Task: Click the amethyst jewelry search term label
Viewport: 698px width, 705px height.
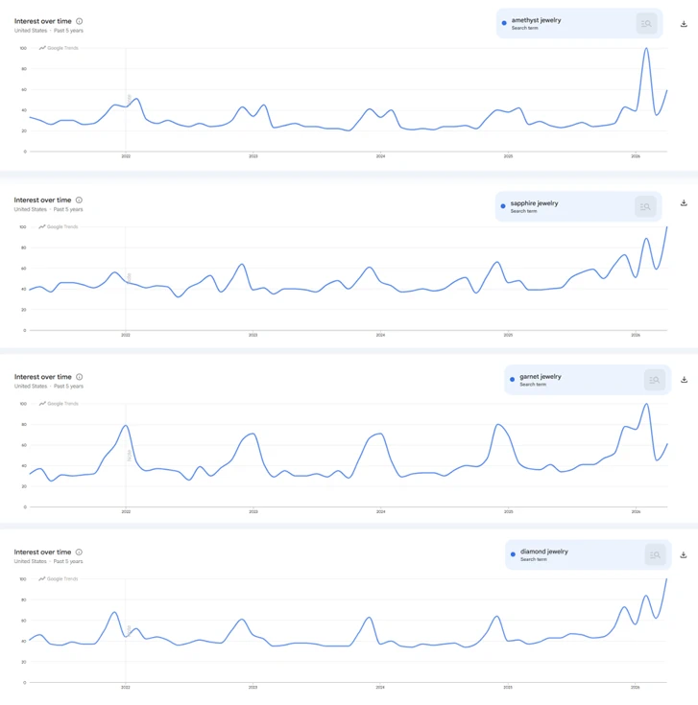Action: click(536, 20)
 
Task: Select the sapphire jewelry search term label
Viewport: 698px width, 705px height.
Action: click(535, 203)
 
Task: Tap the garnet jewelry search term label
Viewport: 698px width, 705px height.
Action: click(541, 377)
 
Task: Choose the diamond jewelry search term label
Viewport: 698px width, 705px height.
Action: click(544, 552)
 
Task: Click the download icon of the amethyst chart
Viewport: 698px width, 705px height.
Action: click(684, 24)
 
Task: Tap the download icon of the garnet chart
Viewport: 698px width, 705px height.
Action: click(684, 380)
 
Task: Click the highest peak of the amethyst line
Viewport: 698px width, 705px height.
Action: click(646, 49)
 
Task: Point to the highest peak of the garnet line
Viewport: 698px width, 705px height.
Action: click(646, 404)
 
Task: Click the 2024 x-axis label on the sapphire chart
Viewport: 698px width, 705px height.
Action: click(380, 336)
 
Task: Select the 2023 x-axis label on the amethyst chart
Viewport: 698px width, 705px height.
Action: click(253, 155)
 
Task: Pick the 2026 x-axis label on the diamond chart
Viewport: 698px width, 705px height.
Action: click(635, 688)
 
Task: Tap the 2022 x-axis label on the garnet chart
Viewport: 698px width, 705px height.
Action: click(125, 512)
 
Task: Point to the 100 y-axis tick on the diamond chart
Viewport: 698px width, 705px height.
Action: click(22, 579)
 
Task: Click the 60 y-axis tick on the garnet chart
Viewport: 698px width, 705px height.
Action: click(23, 445)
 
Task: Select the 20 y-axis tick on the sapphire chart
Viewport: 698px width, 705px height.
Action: click(23, 309)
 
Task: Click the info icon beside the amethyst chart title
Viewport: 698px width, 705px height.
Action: click(79, 21)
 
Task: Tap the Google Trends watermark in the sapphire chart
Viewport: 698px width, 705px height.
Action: click(59, 227)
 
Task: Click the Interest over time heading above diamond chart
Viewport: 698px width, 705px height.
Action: click(42, 552)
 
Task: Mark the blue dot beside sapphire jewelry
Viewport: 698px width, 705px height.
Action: click(503, 206)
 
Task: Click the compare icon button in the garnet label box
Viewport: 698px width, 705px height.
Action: click(654, 381)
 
